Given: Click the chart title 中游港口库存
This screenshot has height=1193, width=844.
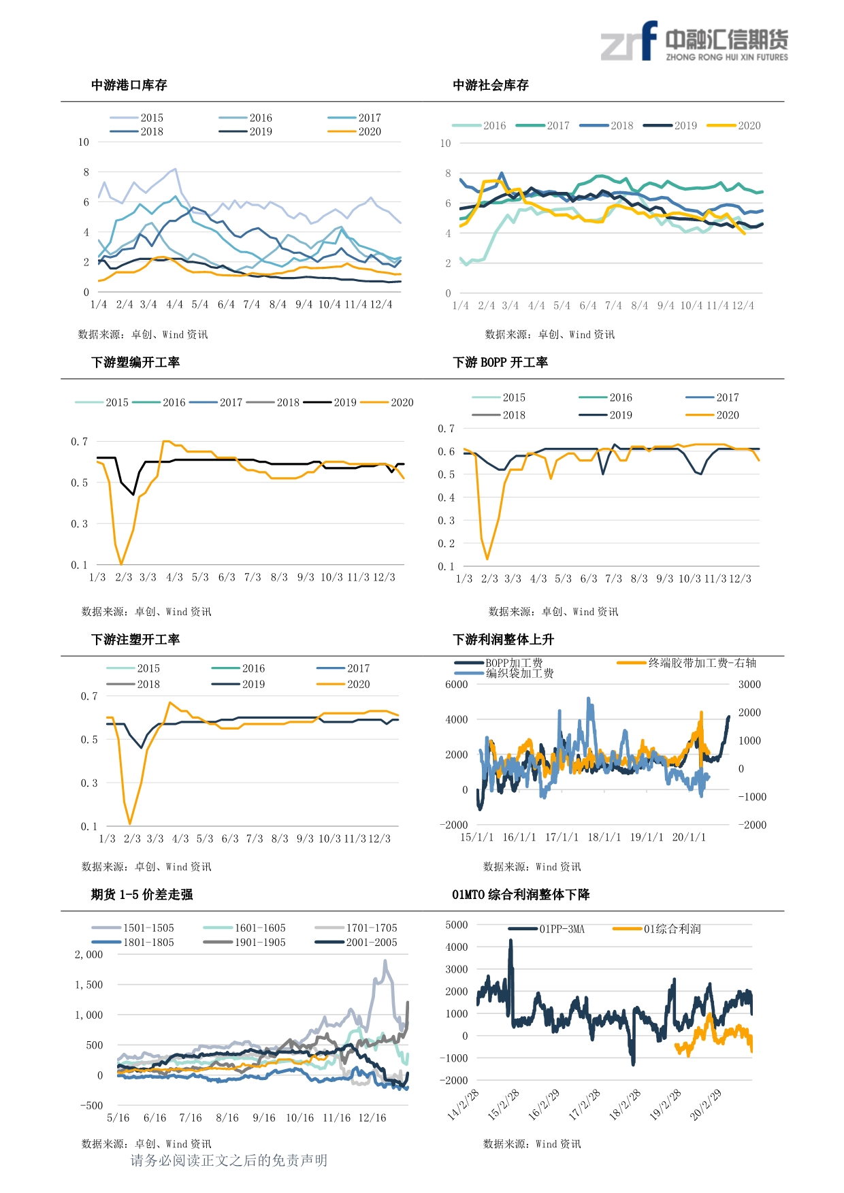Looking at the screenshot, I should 129,85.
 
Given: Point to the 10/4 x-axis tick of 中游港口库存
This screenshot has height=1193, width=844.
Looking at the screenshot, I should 329,305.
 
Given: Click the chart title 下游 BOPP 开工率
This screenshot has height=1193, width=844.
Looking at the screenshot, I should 500,362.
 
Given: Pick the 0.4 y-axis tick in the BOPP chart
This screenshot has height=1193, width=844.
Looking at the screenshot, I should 446,497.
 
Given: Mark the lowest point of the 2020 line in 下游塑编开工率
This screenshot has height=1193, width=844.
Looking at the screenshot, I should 121,564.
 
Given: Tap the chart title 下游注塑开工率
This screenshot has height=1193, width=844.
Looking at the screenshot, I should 135,639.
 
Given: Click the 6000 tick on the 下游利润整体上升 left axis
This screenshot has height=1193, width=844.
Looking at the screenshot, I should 456,684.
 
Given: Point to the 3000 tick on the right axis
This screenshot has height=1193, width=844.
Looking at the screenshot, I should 749,684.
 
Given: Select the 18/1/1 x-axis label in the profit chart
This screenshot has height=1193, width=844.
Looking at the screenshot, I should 604,837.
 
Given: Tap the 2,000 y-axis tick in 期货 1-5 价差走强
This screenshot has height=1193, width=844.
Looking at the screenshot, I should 89,954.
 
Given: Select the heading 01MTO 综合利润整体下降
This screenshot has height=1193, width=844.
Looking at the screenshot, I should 521,894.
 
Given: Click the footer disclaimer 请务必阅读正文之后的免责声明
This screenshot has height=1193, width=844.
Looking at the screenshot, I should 229,1160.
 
